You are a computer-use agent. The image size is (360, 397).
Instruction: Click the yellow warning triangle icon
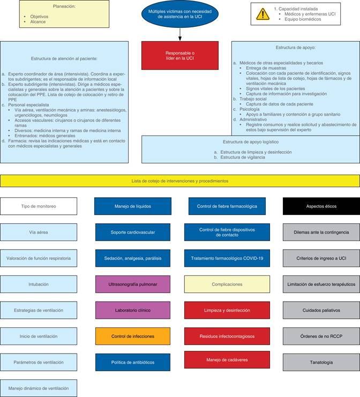click(262, 14)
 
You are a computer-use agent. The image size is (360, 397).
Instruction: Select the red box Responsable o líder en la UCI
click(180, 55)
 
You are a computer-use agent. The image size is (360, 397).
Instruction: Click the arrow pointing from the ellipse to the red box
click(180, 33)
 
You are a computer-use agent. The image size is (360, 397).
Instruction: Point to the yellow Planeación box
click(50, 14)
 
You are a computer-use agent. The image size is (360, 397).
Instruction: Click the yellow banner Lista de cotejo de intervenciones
click(180, 181)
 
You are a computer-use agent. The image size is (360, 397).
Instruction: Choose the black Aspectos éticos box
click(321, 206)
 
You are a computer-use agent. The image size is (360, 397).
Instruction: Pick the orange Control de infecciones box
click(133, 336)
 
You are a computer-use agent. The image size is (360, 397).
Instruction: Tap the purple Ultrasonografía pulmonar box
click(133, 284)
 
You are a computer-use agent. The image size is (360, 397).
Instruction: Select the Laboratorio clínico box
click(133, 310)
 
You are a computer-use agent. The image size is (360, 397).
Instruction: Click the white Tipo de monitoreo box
click(39, 206)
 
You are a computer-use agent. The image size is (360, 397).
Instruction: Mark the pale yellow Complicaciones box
click(227, 284)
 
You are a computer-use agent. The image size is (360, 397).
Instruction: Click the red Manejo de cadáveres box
click(227, 359)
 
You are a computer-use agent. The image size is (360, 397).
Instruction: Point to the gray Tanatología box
click(321, 362)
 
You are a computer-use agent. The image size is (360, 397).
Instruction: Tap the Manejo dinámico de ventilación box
click(39, 388)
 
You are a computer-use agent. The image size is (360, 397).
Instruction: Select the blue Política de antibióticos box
click(133, 362)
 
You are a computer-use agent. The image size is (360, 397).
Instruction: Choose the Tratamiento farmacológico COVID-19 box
click(227, 258)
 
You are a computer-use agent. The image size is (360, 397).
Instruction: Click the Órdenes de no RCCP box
click(321, 336)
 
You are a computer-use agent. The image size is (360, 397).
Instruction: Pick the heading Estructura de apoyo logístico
click(251, 142)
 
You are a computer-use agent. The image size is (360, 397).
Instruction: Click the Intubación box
click(39, 284)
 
